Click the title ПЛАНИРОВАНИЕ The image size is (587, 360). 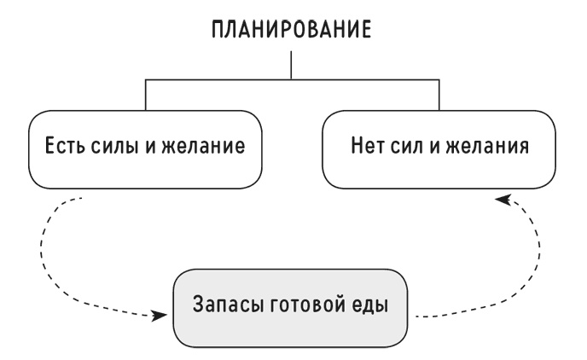pos(292,30)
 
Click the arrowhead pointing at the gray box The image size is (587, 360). pos(160,316)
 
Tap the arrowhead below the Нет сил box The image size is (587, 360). pos(503,200)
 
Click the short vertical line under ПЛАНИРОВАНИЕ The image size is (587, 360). pos(291,65)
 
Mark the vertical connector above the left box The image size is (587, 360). pos(146,95)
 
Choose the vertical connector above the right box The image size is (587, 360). pos(439,95)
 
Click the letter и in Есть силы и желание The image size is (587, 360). pos(151,148)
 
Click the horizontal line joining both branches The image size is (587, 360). pos(292,79)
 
